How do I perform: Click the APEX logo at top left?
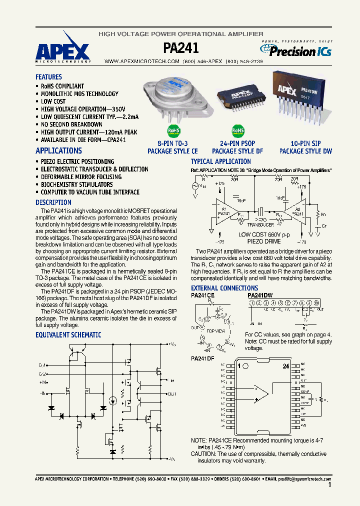(x=63, y=50)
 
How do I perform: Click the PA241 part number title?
(x=181, y=48)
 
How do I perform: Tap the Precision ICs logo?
(x=295, y=50)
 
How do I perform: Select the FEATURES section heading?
(x=48, y=77)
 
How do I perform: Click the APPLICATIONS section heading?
(x=58, y=150)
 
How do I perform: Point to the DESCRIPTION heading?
(x=53, y=202)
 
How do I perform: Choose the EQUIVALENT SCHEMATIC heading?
(x=68, y=335)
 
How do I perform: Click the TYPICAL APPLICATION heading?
(x=220, y=161)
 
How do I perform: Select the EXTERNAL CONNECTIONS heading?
(x=224, y=288)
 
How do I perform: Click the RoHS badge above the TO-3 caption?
(x=172, y=131)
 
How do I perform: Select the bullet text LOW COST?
(x=53, y=101)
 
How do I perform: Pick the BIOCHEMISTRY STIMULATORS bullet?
(x=76, y=184)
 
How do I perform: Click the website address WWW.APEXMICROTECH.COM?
(x=141, y=61)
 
